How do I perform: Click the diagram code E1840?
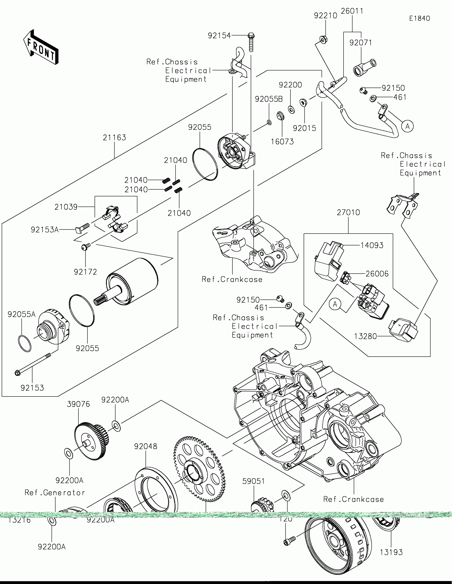pyautogui.click(x=419, y=18)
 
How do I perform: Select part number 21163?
pyautogui.click(x=114, y=137)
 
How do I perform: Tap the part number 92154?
pyautogui.click(x=219, y=36)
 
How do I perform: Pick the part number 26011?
pyautogui.click(x=352, y=11)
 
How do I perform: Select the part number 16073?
pyautogui.click(x=282, y=141)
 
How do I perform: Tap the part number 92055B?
pyautogui.click(x=269, y=99)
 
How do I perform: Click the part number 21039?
pyautogui.click(x=66, y=207)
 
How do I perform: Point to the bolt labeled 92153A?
pyautogui.click(x=82, y=228)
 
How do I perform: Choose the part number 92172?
pyautogui.click(x=85, y=272)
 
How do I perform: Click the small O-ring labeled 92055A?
pyautogui.click(x=24, y=344)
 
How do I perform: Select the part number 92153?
pyautogui.click(x=32, y=388)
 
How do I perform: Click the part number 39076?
pyautogui.click(x=78, y=404)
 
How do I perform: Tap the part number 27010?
pyautogui.click(x=348, y=212)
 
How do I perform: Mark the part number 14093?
pyautogui.click(x=372, y=245)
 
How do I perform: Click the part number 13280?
pyautogui.click(x=365, y=336)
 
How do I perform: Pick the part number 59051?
pyautogui.click(x=253, y=481)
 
